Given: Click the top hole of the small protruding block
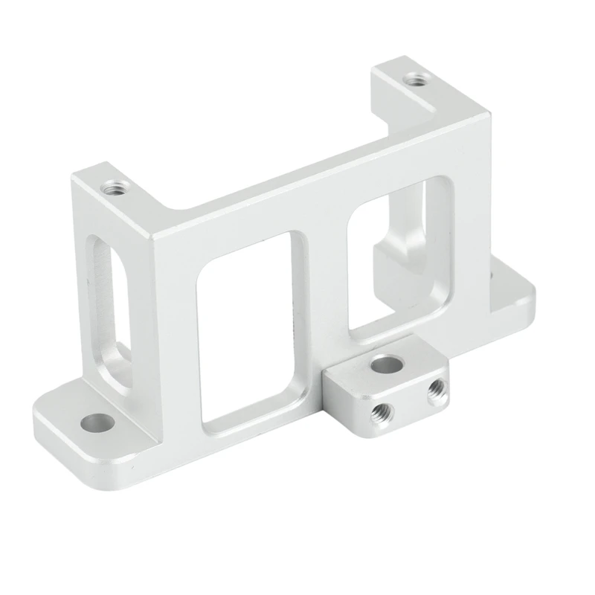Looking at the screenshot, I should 383,364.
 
